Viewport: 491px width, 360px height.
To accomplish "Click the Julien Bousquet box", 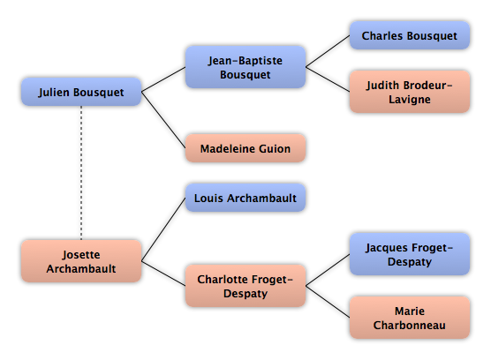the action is coord(81,92).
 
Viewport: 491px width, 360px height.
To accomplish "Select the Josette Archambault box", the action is coord(81,261).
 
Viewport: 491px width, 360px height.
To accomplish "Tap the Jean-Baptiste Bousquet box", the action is coord(245,67).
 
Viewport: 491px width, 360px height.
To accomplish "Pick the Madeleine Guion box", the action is coord(245,148).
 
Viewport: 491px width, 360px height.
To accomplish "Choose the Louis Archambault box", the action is coord(245,198).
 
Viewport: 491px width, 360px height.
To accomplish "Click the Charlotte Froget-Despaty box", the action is coord(245,286).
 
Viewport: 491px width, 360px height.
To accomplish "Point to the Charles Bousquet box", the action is coord(410,35).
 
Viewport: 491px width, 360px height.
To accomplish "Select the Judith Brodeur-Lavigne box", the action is coord(410,92).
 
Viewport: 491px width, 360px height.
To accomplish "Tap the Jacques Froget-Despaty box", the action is coord(410,254).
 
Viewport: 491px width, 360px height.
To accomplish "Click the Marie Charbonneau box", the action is coord(410,318).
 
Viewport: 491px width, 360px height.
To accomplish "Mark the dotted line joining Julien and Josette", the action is coord(81,173).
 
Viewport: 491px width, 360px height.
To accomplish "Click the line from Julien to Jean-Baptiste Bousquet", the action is coord(163,79).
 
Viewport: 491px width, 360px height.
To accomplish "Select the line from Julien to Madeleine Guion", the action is coord(163,120).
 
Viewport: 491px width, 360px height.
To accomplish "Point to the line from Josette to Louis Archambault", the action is coord(163,229).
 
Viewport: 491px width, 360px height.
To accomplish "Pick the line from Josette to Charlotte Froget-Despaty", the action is coord(163,274).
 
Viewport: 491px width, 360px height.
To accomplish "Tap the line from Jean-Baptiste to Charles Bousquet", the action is coord(328,51).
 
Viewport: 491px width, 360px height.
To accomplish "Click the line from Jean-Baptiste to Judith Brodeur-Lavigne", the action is coord(328,79).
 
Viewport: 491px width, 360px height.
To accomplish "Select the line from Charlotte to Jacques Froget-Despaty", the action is coord(328,270).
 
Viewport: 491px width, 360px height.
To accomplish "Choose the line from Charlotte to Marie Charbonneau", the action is coord(328,302).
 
